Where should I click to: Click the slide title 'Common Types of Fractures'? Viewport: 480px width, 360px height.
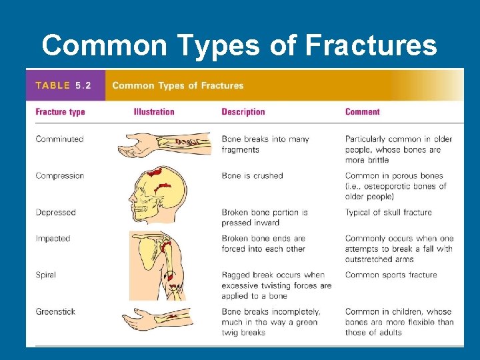[239, 45]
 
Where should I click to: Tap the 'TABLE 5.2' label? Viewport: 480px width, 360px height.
[63, 85]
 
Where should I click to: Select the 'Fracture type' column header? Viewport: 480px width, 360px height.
[60, 112]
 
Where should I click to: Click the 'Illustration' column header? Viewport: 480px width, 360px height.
[154, 112]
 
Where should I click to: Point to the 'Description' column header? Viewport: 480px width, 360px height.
[243, 112]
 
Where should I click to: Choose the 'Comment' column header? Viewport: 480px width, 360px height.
[362, 112]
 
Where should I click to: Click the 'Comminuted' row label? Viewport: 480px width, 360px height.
[59, 139]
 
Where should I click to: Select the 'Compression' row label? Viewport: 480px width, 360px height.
[60, 176]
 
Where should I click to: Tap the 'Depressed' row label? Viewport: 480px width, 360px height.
[56, 213]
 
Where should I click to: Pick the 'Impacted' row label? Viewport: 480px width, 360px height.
[53, 239]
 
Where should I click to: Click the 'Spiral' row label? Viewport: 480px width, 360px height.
[46, 275]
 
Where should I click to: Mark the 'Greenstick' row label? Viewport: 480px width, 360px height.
[55, 311]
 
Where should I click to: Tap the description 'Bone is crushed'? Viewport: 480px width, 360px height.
[252, 176]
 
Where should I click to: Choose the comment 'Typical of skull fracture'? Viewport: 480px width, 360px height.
[388, 213]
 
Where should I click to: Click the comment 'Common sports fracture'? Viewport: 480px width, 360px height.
[391, 275]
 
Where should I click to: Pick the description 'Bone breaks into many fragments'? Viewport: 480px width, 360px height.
[265, 145]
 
